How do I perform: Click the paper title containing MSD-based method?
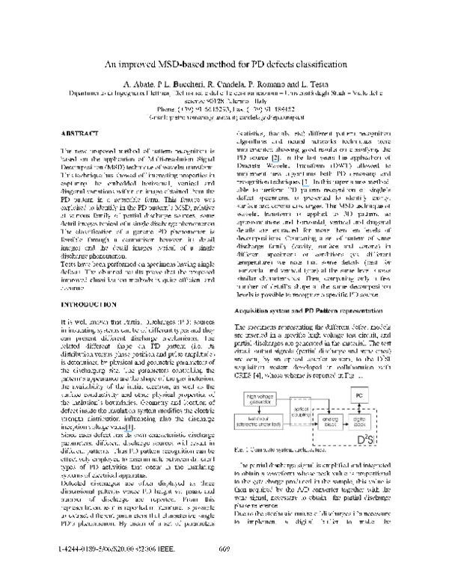click(224, 65)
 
